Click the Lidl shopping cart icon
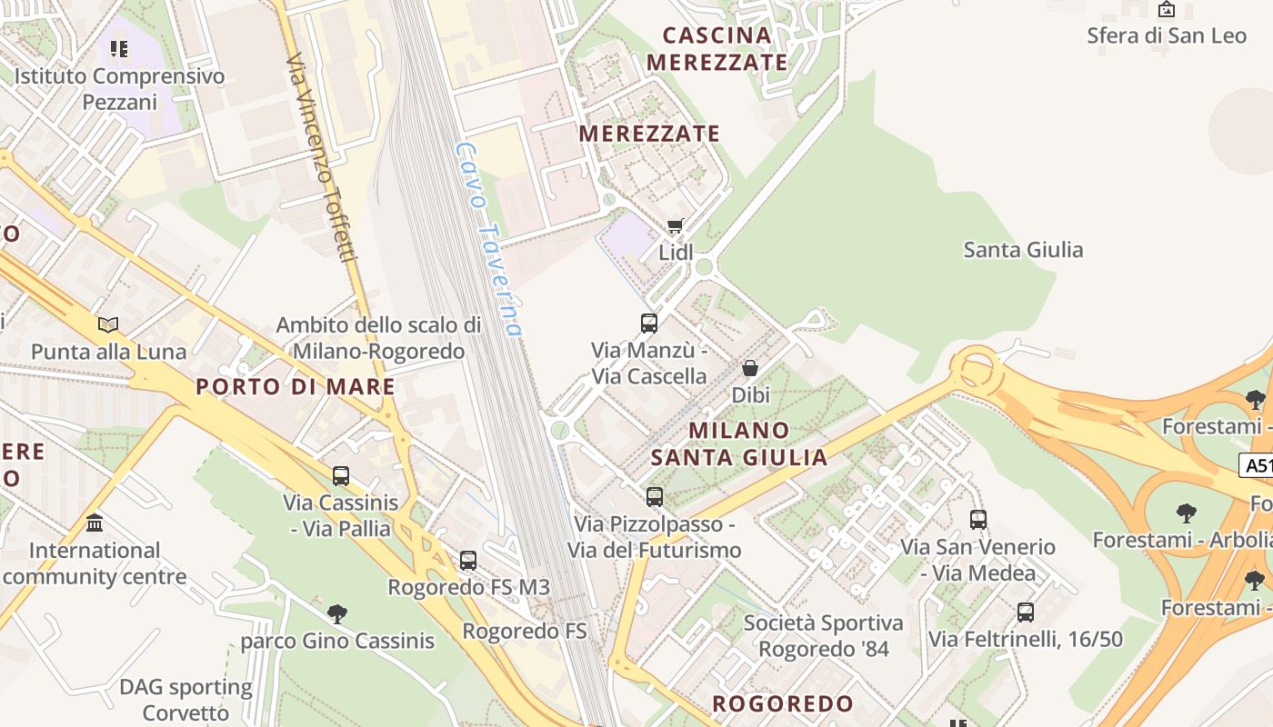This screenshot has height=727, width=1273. tap(675, 225)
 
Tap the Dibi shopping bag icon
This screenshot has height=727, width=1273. tap(750, 368)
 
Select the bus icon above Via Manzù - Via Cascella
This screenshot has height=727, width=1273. tap(649, 324)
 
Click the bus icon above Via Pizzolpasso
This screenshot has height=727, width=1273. tap(655, 497)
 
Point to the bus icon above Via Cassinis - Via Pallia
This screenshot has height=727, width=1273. tap(341, 475)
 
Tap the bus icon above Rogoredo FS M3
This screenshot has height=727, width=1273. tap(468, 561)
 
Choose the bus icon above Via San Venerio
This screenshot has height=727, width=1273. tap(978, 520)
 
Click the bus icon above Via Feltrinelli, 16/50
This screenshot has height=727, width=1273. tap(1026, 612)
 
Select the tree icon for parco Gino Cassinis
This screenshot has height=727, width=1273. tap(337, 614)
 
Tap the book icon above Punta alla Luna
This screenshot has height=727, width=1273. tap(108, 324)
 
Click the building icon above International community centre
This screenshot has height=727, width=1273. tap(95, 523)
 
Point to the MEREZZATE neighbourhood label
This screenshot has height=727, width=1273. tap(649, 134)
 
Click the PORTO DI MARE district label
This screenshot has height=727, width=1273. tap(296, 386)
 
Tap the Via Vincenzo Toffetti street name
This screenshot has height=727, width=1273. tap(321, 156)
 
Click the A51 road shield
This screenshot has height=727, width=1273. tap(1257, 466)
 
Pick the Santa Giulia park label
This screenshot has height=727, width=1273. tap(1023, 250)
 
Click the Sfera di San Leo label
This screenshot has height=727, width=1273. tap(1167, 36)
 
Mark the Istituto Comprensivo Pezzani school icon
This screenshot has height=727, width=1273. tap(119, 48)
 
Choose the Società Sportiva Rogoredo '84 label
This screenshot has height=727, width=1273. tap(824, 636)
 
